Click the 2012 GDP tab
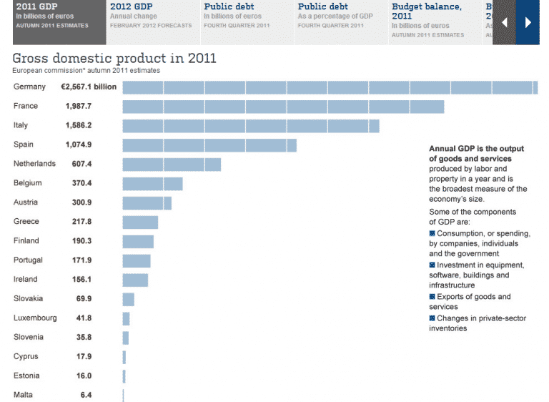tap(151, 16)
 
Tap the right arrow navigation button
tap(528, 22)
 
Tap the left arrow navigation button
tap(505, 22)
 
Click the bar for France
tap(283, 107)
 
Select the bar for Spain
tap(209, 145)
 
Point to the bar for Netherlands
tap(172, 165)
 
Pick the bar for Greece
tap(140, 222)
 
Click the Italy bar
tap(250, 126)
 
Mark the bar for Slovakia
tap(129, 299)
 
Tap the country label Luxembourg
tap(35, 318)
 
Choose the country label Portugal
tap(28, 260)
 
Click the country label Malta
tap(23, 395)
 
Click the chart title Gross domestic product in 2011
tap(114, 58)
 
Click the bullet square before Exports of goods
tap(432, 297)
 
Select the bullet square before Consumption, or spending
tap(432, 234)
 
